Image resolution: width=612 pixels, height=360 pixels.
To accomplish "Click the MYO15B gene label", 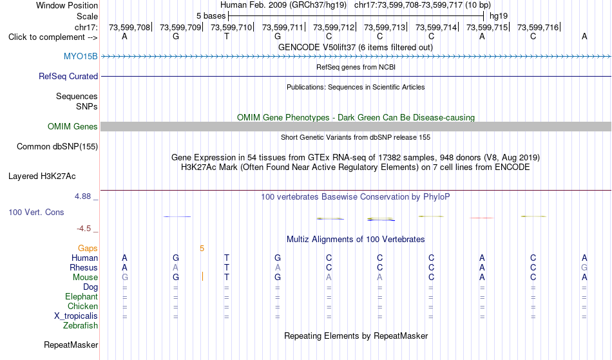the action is [81, 57].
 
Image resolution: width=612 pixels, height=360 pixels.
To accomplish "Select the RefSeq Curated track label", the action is [68, 77].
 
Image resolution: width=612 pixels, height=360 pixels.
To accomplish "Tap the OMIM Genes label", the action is [73, 127].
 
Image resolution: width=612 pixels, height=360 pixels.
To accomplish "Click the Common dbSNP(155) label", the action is [57, 147].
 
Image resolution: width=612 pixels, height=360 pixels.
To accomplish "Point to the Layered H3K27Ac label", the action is [42, 176].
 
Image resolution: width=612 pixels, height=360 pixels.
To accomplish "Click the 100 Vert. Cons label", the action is [36, 212].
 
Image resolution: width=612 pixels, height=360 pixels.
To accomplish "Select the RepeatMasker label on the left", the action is [71, 345].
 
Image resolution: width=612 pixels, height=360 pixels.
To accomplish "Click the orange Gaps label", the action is [88, 249].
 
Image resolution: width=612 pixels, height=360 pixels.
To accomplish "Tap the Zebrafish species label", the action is [81, 326].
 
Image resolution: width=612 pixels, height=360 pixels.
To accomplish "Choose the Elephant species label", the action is [82, 297].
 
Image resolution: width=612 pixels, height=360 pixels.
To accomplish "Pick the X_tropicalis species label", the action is [76, 316].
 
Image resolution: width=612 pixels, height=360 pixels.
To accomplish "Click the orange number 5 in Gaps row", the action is [202, 249].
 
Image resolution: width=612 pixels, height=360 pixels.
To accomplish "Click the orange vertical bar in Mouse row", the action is [202, 277].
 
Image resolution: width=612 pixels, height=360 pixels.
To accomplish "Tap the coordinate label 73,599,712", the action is [334, 27].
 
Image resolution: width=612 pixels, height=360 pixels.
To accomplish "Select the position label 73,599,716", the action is [538, 27].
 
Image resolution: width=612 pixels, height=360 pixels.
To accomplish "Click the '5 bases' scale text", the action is [211, 16].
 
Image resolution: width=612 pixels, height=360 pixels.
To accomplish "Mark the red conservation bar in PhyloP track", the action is [482, 218].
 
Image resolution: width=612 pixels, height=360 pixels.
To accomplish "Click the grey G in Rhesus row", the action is [584, 267].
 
